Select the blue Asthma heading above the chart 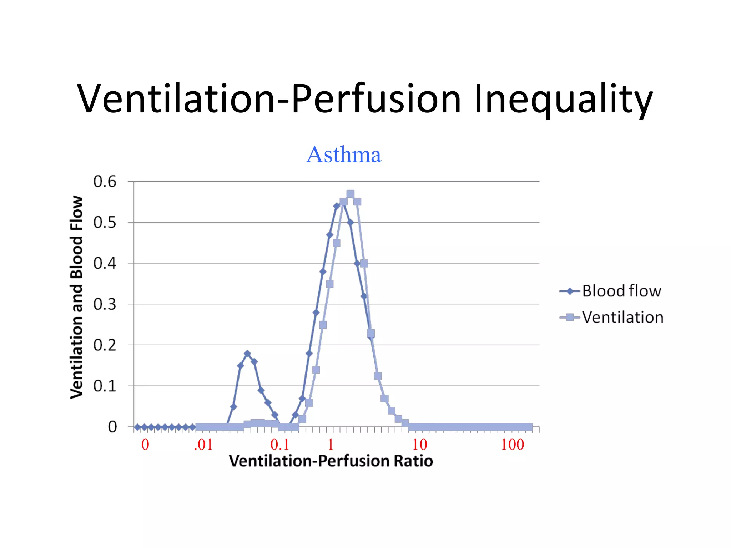tap(344, 154)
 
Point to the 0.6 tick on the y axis tap(105, 182)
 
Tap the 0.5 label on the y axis tap(105, 223)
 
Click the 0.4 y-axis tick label tap(105, 264)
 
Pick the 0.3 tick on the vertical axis tap(105, 304)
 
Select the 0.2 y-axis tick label tap(105, 345)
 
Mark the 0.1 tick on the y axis tap(105, 386)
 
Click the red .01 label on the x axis tap(203, 445)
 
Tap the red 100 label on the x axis tap(512, 445)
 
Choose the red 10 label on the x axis tap(419, 445)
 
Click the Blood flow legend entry tap(621, 291)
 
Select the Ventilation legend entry tap(622, 317)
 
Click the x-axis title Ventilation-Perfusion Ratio tap(331, 461)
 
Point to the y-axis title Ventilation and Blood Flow tap(77, 297)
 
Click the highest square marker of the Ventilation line tap(350, 194)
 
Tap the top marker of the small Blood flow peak tap(247, 354)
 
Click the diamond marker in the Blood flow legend tap(570, 291)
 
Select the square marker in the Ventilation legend tap(570, 317)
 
